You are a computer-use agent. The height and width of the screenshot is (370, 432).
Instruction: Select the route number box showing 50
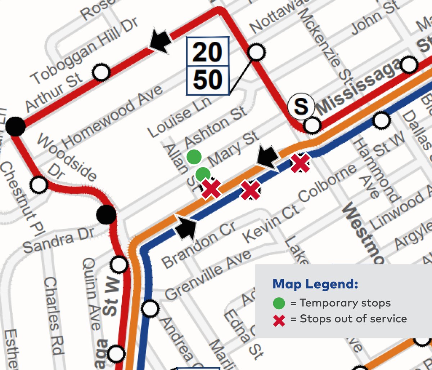click(x=207, y=80)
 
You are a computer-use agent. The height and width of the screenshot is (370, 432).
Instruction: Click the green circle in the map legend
click(x=279, y=303)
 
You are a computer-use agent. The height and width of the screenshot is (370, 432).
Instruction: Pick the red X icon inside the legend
click(x=279, y=320)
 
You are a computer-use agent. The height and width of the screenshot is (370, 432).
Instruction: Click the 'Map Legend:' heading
click(x=315, y=284)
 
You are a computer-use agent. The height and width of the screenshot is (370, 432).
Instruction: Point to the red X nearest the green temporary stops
click(x=211, y=188)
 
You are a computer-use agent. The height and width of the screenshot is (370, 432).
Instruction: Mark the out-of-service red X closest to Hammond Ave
click(x=300, y=163)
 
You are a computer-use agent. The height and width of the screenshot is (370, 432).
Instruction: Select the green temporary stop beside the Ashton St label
click(x=194, y=156)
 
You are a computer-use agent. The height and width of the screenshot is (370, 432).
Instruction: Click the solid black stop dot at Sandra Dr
click(x=106, y=215)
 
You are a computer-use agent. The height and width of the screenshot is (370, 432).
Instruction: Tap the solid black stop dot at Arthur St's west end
click(x=15, y=127)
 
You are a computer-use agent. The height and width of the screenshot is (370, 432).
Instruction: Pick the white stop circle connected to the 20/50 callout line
click(x=256, y=53)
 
